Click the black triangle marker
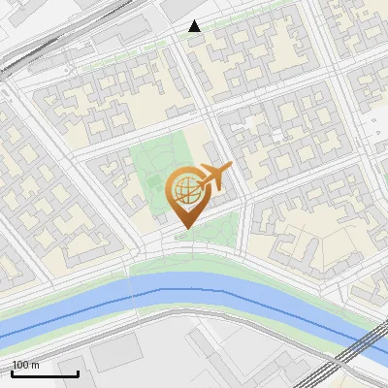click(x=195, y=26)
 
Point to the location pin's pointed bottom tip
click(x=184, y=229)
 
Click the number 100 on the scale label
click(x=19, y=365)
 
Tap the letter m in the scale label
click(x=36, y=365)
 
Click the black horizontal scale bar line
click(x=44, y=374)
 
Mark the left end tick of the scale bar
click(x=11, y=372)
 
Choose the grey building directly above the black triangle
click(x=179, y=8)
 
